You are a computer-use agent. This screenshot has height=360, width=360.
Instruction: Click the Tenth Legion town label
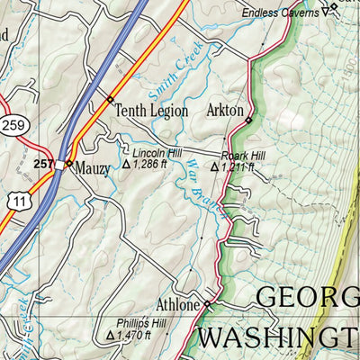pyautogui.click(x=151, y=111)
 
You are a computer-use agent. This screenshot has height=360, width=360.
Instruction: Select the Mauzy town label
pyautogui.click(x=93, y=167)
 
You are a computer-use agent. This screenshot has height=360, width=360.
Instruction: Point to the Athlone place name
pyautogui.click(x=179, y=305)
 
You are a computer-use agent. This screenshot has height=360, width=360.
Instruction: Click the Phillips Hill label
pyautogui.click(x=139, y=322)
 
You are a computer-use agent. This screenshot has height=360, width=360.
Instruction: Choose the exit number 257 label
pyautogui.click(x=42, y=164)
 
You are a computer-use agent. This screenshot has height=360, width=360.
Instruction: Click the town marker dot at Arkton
pyautogui.click(x=248, y=119)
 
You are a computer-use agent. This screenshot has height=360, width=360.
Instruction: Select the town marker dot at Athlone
pyautogui.click(x=207, y=305)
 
